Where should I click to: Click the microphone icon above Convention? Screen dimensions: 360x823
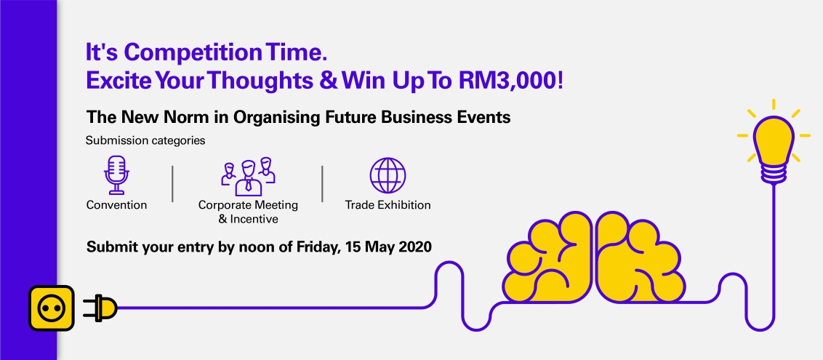point(115,175)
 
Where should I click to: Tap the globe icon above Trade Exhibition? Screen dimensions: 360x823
point(388,175)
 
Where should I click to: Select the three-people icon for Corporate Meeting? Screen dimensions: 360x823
point(249,175)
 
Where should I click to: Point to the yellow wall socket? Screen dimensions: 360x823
point(52,308)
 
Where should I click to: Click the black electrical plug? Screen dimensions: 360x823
point(100,308)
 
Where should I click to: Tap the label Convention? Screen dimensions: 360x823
point(116,205)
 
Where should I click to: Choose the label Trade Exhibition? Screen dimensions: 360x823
point(388,205)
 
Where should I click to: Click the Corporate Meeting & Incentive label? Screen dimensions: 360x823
point(248,212)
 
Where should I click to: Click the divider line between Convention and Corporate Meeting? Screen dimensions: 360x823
point(172,183)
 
